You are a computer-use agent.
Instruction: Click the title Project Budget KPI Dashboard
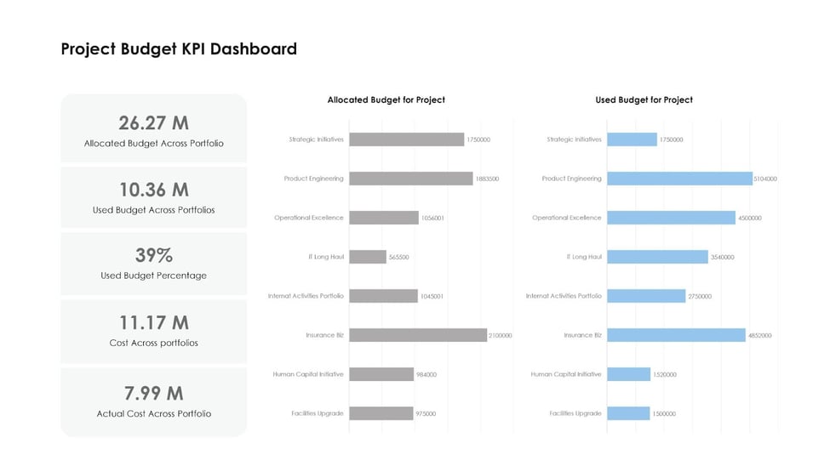179,49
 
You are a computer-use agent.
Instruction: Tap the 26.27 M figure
153,122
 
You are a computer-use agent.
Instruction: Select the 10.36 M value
153,189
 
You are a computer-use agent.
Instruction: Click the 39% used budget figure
153,255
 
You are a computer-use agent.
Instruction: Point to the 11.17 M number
153,322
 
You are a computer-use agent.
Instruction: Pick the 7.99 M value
153,393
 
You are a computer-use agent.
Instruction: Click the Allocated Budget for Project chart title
386,99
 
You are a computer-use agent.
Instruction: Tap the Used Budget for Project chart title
644,99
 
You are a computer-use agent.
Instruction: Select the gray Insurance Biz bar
418,335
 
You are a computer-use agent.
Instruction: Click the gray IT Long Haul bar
368,257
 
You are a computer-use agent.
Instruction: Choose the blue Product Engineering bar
679,179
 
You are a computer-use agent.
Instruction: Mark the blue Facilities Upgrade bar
628,413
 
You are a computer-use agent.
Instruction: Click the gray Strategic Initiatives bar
407,139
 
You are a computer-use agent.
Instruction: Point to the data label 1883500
488,179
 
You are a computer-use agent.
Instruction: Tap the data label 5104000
765,179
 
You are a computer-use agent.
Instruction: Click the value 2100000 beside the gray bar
501,335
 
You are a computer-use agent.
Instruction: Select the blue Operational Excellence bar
671,218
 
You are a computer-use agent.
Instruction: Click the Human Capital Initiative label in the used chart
566,374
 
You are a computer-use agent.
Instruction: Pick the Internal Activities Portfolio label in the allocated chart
306,296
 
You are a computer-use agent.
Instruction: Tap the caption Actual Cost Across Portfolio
153,413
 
